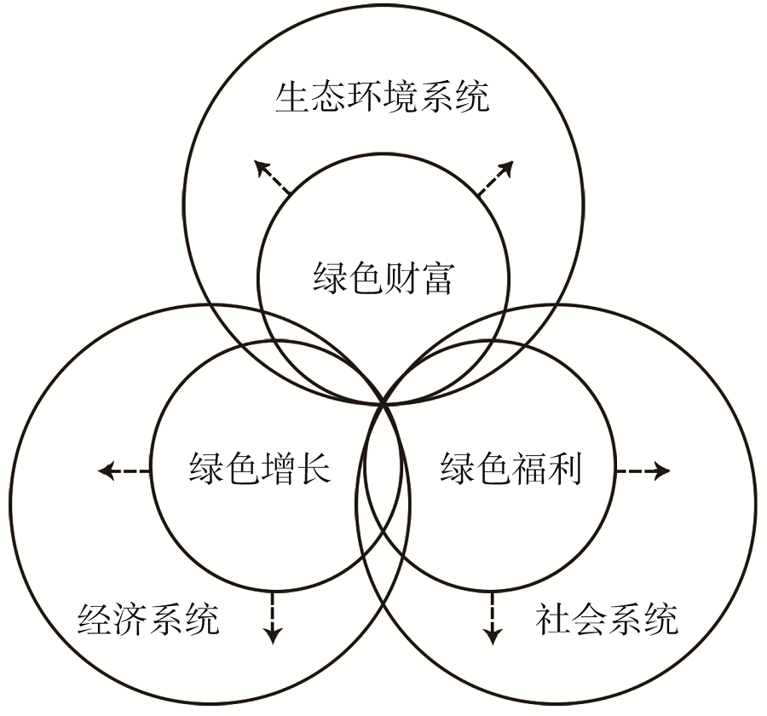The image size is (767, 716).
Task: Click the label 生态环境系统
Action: tap(383, 98)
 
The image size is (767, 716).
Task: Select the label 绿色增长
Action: tap(259, 470)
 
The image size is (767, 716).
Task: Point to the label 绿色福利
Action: tap(510, 470)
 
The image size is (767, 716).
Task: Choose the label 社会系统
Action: tap(608, 620)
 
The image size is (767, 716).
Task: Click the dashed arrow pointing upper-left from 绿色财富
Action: tap(272, 178)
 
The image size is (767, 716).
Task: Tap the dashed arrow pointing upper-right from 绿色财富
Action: tap(495, 178)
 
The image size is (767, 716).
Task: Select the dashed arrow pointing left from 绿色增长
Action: tap(124, 471)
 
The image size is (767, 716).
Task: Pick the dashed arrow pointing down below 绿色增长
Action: tap(272, 617)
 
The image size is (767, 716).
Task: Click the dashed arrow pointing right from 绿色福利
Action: tap(643, 471)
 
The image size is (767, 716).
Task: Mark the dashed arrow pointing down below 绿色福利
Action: tap(492, 617)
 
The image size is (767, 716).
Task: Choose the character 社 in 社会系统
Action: tap(554, 620)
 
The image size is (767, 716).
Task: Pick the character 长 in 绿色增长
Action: tap(313, 470)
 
